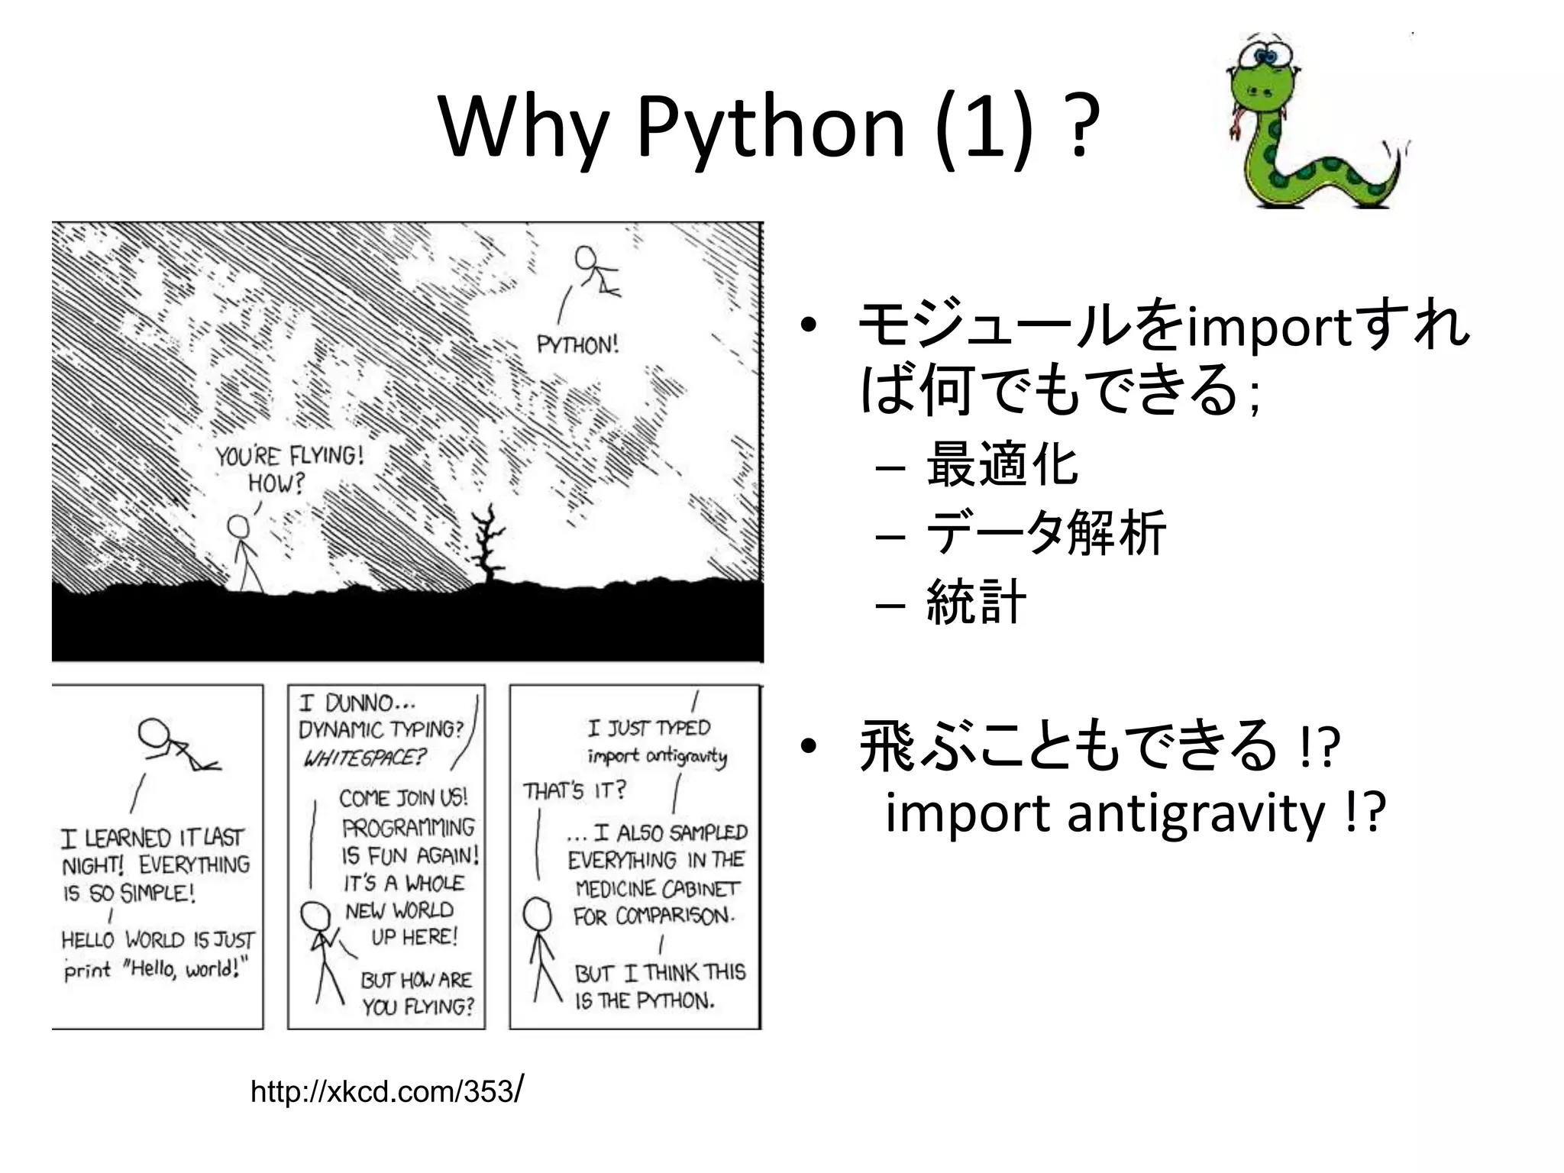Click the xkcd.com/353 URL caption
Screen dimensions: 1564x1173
(x=386, y=1091)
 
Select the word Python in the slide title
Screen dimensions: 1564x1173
(x=771, y=128)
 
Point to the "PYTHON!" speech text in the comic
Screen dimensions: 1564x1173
(x=577, y=345)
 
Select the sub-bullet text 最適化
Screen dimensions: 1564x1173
(x=1001, y=464)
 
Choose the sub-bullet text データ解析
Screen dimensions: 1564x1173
(x=1045, y=532)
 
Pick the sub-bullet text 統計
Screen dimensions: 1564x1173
(x=975, y=601)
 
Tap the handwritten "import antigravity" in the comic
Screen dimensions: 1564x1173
(x=657, y=756)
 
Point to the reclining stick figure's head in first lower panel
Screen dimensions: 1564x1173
(x=154, y=732)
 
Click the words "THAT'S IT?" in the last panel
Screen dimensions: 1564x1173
(x=574, y=790)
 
